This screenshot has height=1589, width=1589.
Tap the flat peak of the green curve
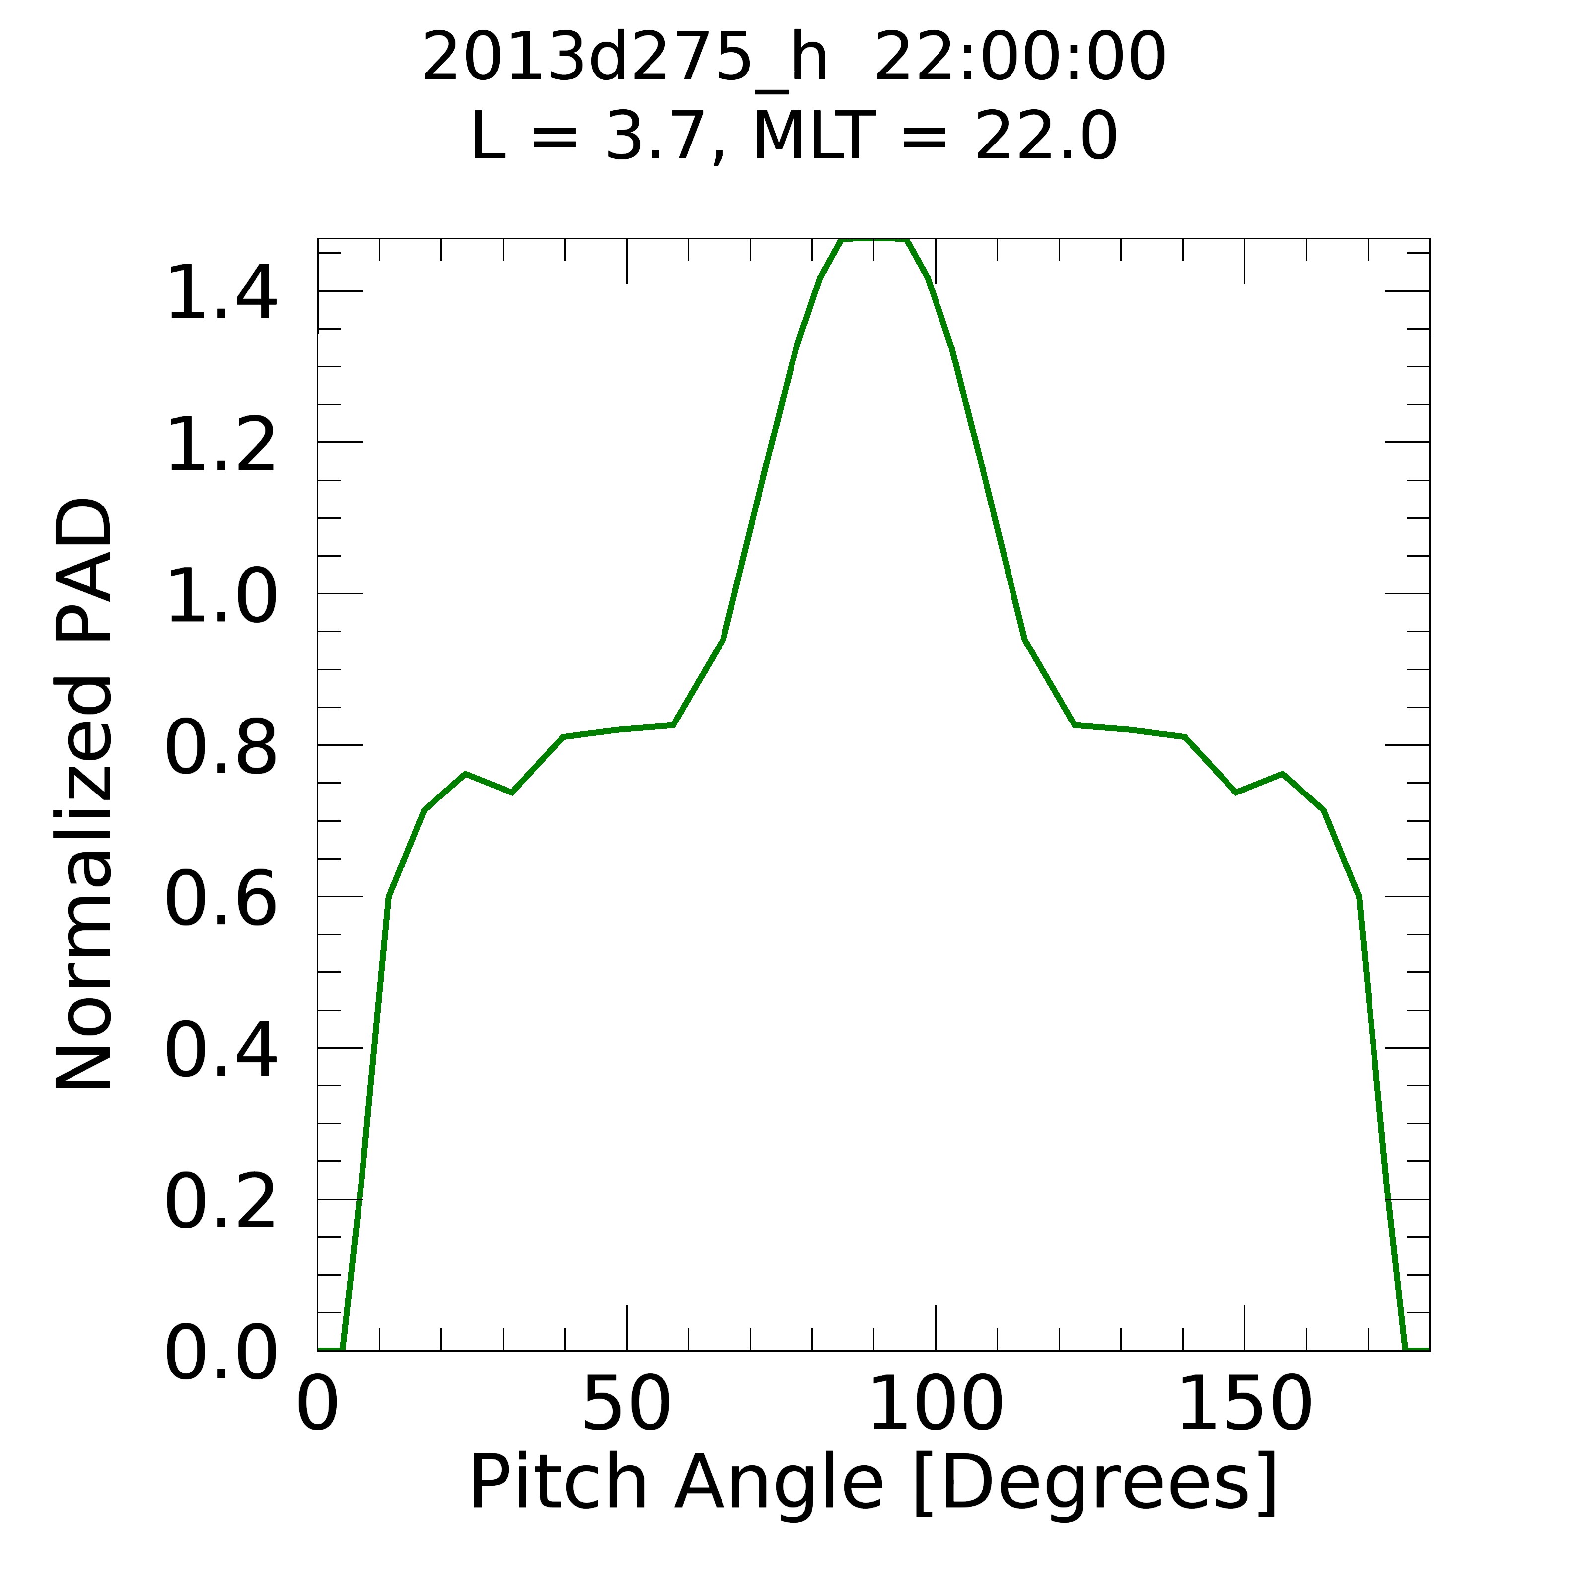tap(873, 240)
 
